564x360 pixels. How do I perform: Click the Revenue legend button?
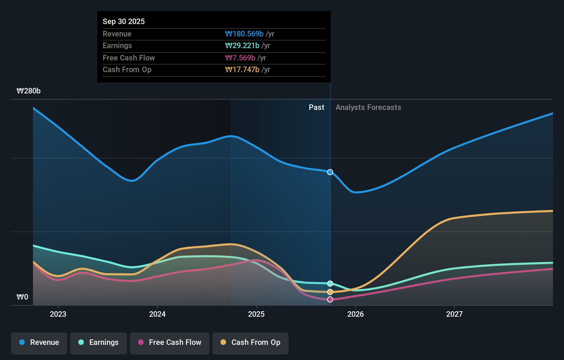[39, 342]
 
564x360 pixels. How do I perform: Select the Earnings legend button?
[99, 342]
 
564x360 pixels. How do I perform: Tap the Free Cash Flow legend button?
[170, 342]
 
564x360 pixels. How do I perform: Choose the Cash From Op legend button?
[250, 342]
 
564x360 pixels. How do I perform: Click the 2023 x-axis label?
[58, 314]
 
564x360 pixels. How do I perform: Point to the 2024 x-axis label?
[157, 314]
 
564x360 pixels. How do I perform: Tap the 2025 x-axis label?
[256, 314]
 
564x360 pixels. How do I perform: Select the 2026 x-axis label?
[356, 314]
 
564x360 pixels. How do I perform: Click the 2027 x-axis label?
[454, 314]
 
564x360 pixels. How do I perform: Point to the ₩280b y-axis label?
[29, 91]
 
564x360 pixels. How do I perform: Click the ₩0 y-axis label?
[22, 297]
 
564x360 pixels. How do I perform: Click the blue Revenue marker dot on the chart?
[330, 172]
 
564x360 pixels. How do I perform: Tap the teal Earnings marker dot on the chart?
[330, 283]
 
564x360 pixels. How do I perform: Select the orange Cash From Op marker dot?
[330, 292]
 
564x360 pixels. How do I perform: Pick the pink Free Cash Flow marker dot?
[330, 300]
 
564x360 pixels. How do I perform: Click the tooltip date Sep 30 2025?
[124, 21]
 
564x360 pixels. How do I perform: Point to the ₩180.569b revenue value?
[244, 34]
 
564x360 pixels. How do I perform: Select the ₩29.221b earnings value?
[242, 46]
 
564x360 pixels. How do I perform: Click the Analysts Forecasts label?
[368, 108]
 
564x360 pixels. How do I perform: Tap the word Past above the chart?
[316, 108]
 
